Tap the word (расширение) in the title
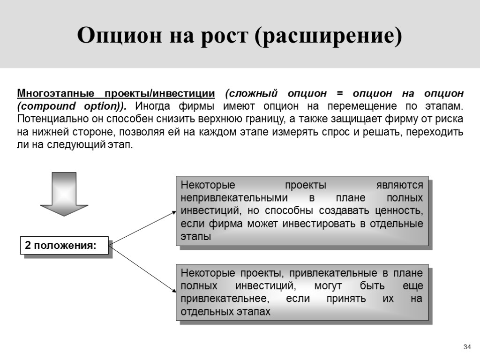click(329, 37)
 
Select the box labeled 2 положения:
click(64, 246)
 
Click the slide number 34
click(466, 347)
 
